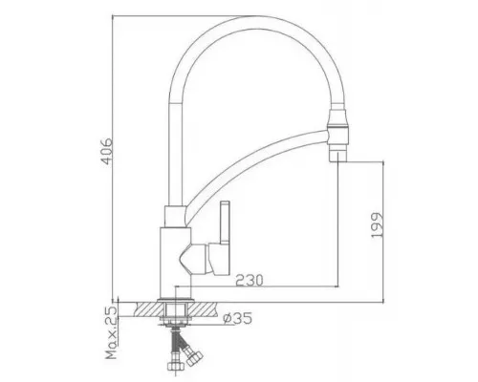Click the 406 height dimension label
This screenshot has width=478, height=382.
[x=107, y=151]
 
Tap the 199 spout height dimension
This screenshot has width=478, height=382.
[x=377, y=225]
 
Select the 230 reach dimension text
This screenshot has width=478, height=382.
[x=250, y=280]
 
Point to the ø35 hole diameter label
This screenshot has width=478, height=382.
[x=237, y=318]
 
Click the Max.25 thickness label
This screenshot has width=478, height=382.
[x=112, y=332]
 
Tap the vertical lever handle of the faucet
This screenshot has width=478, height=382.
[x=225, y=223]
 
